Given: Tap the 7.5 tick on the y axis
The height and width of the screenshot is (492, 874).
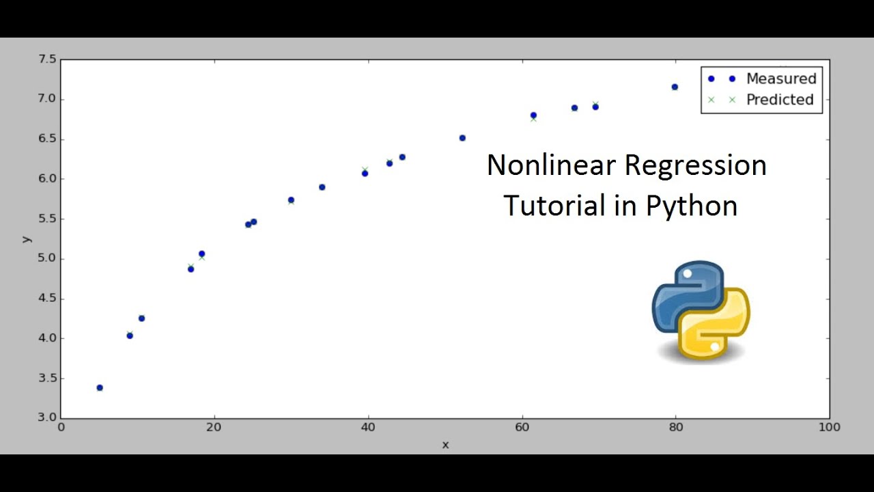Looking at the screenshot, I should [46, 60].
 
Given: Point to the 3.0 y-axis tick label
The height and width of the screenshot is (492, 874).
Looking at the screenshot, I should [46, 418].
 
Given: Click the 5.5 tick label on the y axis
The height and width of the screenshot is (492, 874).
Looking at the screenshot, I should [46, 219].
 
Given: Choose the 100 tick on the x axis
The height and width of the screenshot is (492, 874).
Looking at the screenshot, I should [829, 428].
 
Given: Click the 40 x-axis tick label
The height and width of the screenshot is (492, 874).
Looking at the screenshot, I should [368, 428].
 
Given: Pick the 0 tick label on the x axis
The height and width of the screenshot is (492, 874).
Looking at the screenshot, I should [61, 428].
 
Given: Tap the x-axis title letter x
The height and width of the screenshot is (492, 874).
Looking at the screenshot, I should [445, 445].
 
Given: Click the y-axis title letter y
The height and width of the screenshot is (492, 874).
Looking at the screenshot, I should [26, 238].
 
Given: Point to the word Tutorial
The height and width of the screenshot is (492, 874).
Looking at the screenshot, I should [554, 206].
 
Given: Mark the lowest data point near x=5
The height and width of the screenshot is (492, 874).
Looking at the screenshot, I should [100, 387].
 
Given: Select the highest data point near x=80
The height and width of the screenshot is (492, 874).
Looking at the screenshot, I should [675, 87].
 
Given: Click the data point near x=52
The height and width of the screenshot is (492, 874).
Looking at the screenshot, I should [462, 138].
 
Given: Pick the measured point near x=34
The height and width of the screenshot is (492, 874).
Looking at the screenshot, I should [322, 187].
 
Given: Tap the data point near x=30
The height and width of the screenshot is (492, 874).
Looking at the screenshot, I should [291, 200].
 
